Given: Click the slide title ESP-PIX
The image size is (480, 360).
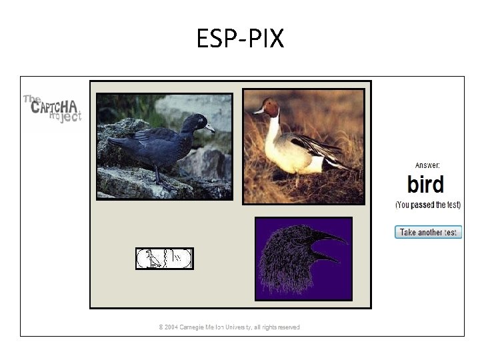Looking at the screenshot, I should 240,39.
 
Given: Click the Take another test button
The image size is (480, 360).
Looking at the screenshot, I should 428,232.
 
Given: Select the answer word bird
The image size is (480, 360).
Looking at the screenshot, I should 425,183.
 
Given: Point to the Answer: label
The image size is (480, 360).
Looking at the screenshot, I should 427,165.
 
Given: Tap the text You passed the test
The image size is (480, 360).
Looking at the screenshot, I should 427,205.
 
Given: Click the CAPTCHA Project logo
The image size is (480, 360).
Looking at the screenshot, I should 53,108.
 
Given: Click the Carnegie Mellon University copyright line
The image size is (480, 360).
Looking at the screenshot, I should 229,327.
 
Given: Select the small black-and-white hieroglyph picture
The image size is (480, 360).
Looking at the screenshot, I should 164,258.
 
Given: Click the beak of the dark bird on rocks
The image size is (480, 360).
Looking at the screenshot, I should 210,127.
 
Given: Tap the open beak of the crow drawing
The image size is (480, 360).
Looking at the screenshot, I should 329,246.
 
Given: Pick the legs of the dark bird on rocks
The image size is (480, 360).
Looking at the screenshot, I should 157,175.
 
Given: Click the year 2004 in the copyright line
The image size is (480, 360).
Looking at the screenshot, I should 174,327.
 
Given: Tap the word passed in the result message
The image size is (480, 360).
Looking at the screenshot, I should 423,205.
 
